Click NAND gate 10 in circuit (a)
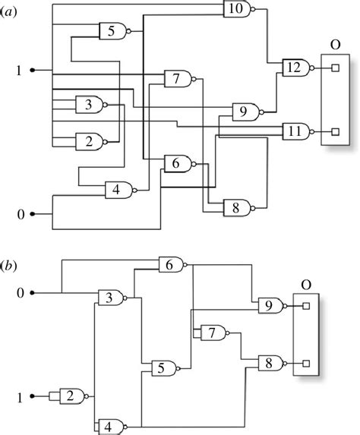(x=235, y=9)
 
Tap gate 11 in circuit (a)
(x=294, y=131)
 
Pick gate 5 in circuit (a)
(x=112, y=32)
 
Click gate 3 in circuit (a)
(x=89, y=104)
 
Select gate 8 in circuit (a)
(x=235, y=206)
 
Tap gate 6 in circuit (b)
(x=170, y=265)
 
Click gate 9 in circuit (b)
(x=268, y=306)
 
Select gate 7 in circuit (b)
(x=212, y=332)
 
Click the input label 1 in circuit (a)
(x=21, y=71)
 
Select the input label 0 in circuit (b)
(x=21, y=292)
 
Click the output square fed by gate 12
(x=334, y=68)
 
